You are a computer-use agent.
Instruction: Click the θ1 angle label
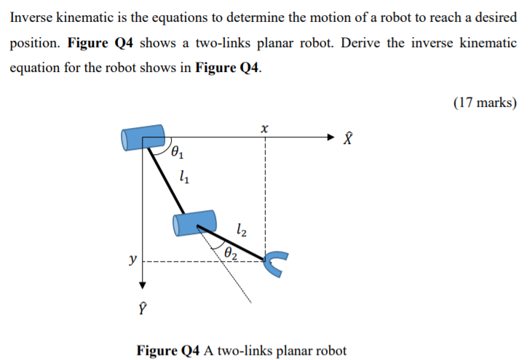pos(178,153)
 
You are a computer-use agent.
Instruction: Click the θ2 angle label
pos(231,252)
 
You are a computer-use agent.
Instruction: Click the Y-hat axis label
pos(143,305)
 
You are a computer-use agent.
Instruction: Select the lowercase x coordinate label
pos(264,128)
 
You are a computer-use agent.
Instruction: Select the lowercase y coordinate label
pos(132,259)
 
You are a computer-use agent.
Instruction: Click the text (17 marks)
pos(485,103)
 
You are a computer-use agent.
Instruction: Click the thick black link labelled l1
pos(170,182)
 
